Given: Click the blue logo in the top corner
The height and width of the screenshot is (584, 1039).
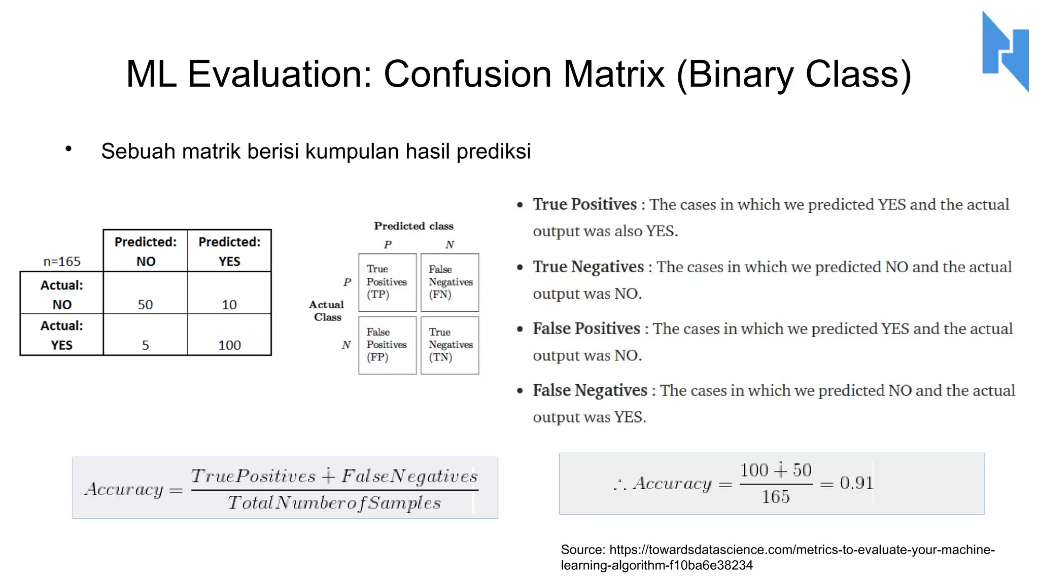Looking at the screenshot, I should (x=1005, y=51).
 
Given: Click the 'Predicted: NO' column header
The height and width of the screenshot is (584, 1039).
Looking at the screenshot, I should (x=146, y=251).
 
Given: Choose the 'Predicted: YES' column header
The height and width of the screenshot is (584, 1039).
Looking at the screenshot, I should (x=229, y=251).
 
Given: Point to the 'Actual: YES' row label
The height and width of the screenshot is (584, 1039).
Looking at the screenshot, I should (x=61, y=335).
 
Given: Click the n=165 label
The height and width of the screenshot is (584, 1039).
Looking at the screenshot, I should (x=62, y=262).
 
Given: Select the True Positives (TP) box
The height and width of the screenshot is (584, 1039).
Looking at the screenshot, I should (x=387, y=282).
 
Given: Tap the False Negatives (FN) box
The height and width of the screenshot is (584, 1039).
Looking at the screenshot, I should (x=449, y=282).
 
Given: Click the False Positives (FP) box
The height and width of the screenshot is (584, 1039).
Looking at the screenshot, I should (x=387, y=345).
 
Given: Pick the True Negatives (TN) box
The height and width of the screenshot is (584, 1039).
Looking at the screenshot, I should (x=449, y=345).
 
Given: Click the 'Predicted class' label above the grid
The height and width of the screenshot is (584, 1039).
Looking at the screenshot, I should (x=413, y=226).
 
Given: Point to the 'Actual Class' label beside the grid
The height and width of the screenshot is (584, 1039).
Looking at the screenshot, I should (x=327, y=311).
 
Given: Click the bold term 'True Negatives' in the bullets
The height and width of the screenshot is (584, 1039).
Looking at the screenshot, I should (x=588, y=267).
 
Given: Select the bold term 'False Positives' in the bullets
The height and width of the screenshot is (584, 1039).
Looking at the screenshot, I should (x=586, y=328).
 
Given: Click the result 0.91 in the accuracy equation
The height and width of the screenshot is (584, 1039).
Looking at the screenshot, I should (x=856, y=483).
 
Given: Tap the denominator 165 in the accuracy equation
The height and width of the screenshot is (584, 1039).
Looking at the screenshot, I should (x=775, y=497).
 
